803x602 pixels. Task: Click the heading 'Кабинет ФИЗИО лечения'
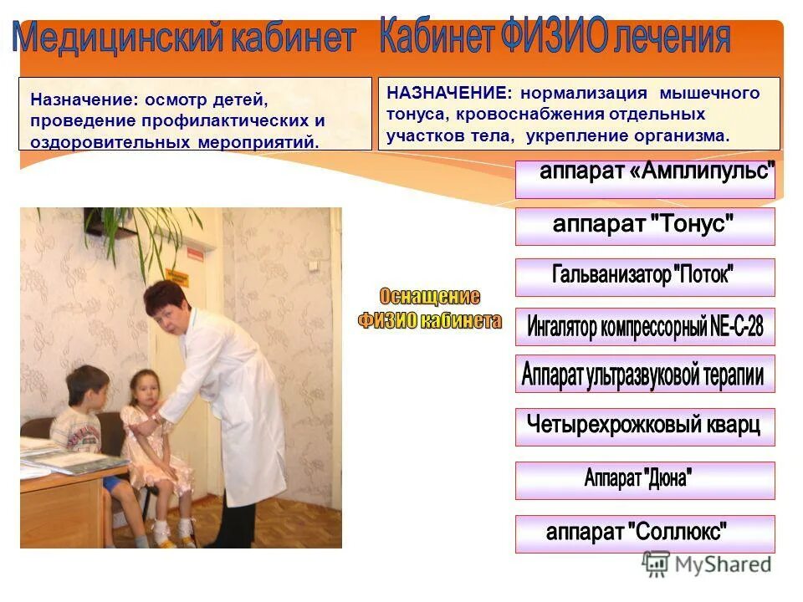pyautogui.click(x=555, y=38)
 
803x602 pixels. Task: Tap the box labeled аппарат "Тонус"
pyautogui.click(x=645, y=226)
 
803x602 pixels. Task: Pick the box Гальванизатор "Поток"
pyautogui.click(x=645, y=277)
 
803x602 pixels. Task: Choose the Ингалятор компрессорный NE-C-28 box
pyautogui.click(x=645, y=327)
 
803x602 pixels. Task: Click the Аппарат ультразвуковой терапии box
pyautogui.click(x=645, y=374)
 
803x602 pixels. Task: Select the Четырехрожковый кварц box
pyautogui.click(x=645, y=426)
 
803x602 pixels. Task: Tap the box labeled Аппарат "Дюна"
pyautogui.click(x=645, y=480)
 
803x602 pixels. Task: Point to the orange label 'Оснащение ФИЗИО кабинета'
pyautogui.click(x=430, y=309)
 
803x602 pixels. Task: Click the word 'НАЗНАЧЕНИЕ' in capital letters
pyautogui.click(x=447, y=93)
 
